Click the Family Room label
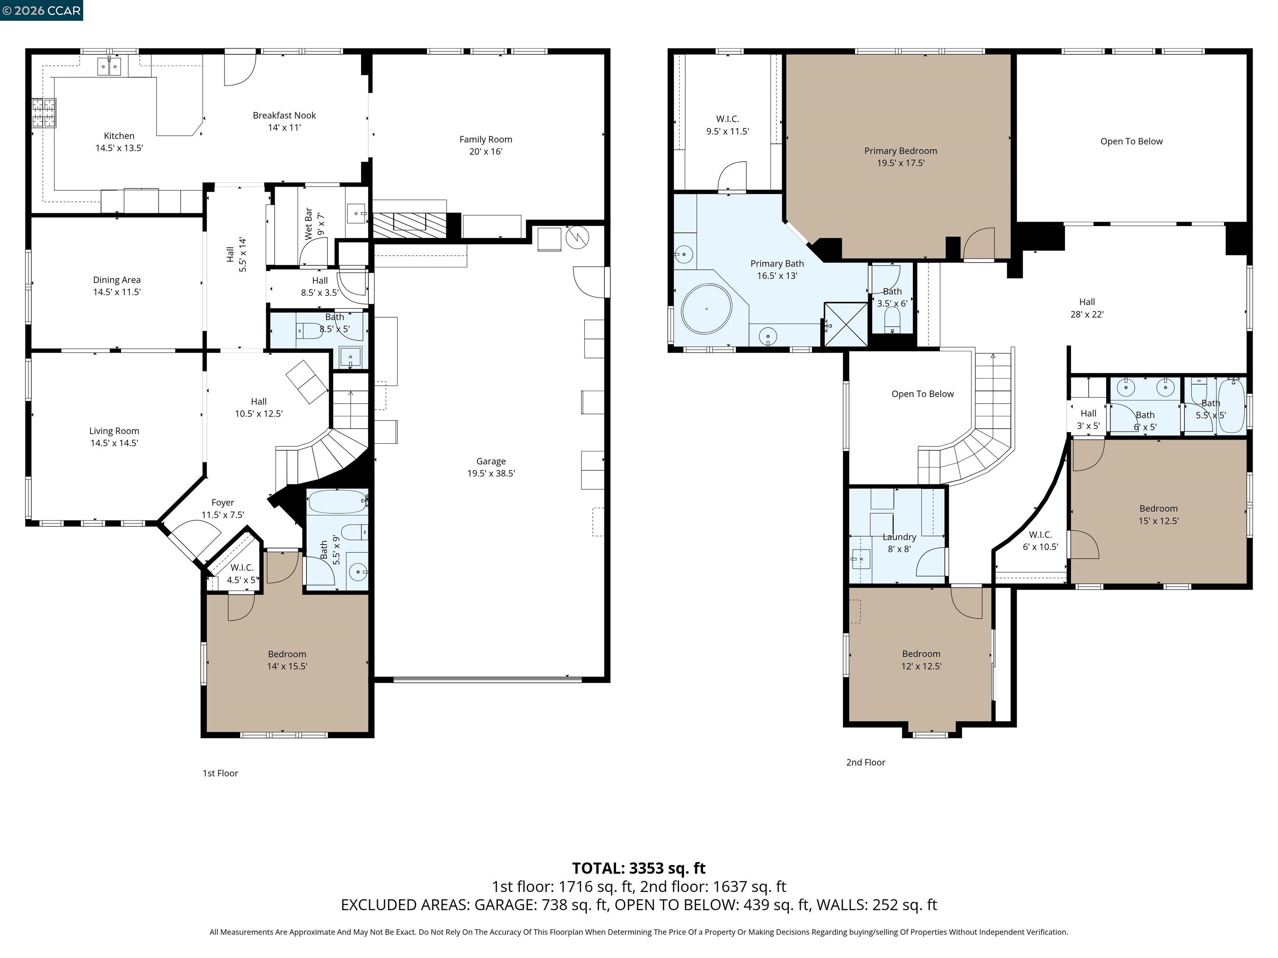pyautogui.click(x=485, y=146)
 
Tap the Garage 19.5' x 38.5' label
pyautogui.click(x=490, y=467)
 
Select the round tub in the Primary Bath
pyautogui.click(x=706, y=309)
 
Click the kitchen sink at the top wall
pyautogui.click(x=109, y=67)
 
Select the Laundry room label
pyautogui.click(x=899, y=543)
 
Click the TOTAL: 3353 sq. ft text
pyautogui.click(x=639, y=868)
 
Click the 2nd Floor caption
pyautogui.click(x=865, y=762)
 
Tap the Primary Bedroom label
pyautogui.click(x=900, y=156)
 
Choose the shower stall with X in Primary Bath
pyautogui.click(x=845, y=324)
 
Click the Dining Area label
pyautogui.click(x=117, y=286)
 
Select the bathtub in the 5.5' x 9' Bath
pyautogui.click(x=337, y=502)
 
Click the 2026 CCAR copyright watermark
pyautogui.click(x=41, y=10)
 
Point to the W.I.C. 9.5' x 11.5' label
pyautogui.click(x=727, y=125)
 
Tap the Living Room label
pyautogui.click(x=114, y=437)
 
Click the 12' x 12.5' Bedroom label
pyautogui.click(x=921, y=659)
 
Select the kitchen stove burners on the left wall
pyautogui.click(x=44, y=113)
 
